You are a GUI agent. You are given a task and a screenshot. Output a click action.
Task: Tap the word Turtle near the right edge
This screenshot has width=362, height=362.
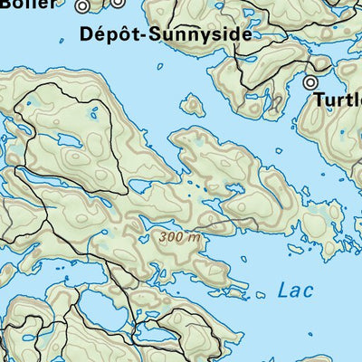[338, 100]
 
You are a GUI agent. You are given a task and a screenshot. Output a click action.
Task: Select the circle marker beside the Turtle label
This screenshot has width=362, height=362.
[310, 82]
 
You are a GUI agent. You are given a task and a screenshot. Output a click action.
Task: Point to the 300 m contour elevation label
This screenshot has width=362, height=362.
[178, 237]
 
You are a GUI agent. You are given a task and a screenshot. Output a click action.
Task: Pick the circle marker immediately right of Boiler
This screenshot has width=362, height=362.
[83, 5]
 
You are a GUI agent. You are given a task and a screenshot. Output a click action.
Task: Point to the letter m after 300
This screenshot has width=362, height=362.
[192, 237]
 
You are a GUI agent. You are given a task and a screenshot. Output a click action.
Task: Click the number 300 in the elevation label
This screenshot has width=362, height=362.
[171, 237]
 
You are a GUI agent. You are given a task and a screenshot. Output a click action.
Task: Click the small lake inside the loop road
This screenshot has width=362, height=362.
[68, 142]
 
